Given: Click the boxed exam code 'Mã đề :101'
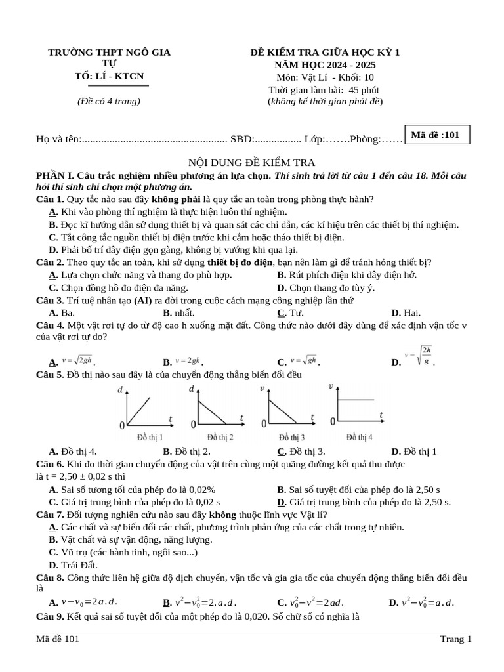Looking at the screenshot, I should (x=435, y=135).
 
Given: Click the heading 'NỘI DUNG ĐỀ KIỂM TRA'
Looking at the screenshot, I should (x=252, y=162).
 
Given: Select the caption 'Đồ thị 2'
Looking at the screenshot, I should (x=220, y=437).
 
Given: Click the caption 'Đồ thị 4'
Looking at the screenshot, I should (x=360, y=437).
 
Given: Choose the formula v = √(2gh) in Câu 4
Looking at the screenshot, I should (x=77, y=360).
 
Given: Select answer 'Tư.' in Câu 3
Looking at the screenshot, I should (x=296, y=313).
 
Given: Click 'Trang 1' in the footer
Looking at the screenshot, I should (x=455, y=639).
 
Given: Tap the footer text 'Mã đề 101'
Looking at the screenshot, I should (x=58, y=639).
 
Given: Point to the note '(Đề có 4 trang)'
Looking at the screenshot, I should (x=109, y=101).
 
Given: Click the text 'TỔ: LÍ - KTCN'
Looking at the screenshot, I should (x=109, y=76).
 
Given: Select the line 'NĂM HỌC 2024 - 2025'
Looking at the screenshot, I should (x=325, y=64).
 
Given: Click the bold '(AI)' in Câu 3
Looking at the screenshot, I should (x=143, y=301).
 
